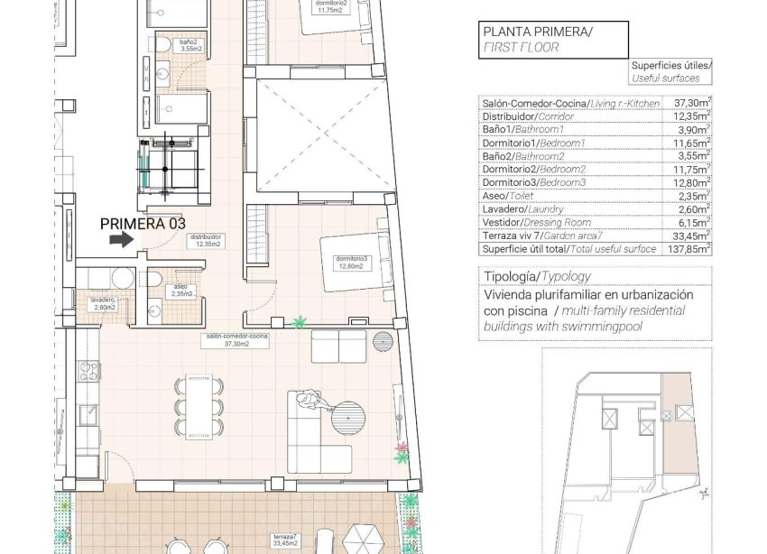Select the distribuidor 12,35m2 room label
(x=206, y=241)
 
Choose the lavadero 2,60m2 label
(x=106, y=304)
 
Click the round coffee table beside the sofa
(x=347, y=420)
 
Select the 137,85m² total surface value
(x=692, y=248)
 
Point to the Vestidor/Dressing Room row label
(x=538, y=222)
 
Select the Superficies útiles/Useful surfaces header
(x=670, y=71)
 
